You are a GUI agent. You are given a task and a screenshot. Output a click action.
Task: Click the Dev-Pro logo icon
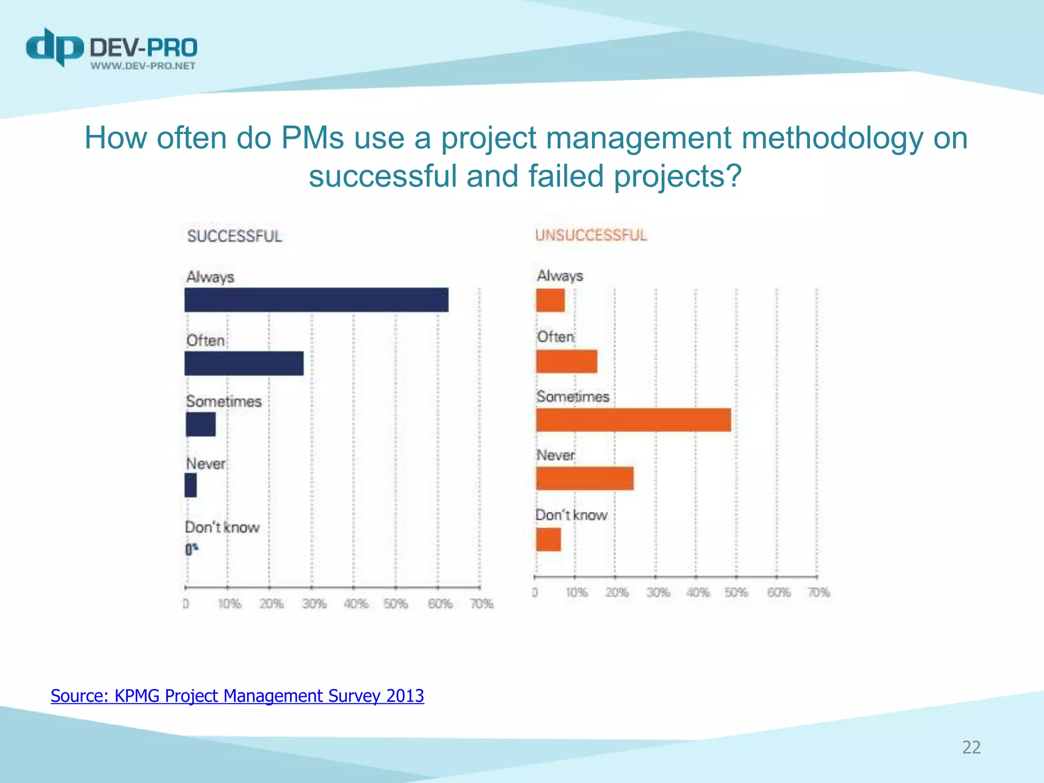tap(55, 47)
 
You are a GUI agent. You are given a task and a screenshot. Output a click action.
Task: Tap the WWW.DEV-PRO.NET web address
tap(143, 66)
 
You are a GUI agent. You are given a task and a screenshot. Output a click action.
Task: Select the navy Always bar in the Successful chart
tap(316, 300)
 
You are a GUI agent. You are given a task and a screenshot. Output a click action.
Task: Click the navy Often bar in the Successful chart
tap(244, 363)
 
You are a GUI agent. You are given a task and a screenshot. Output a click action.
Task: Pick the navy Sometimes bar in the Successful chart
tap(200, 424)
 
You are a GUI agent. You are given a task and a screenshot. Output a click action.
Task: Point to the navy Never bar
tap(191, 485)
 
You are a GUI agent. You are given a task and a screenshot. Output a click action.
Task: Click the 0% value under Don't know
tap(191, 549)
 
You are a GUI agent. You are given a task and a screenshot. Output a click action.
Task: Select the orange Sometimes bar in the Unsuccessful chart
tap(633, 420)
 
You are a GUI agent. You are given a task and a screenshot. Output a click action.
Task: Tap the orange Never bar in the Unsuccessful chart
tap(585, 478)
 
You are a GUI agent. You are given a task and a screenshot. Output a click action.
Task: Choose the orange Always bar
tap(550, 300)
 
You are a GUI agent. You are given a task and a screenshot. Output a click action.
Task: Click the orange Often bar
tap(566, 361)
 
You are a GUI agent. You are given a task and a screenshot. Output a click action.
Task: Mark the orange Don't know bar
tap(548, 539)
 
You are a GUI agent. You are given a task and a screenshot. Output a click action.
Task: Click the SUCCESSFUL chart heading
tap(234, 236)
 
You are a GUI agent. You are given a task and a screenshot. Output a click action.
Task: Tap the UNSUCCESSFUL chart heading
tap(591, 235)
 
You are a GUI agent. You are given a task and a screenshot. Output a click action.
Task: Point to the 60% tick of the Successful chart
tap(440, 604)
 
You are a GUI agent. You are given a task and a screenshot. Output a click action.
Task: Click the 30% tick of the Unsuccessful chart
tap(658, 592)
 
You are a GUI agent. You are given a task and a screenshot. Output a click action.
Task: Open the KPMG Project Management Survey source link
tap(237, 696)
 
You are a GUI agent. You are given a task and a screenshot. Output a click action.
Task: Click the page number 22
tap(971, 747)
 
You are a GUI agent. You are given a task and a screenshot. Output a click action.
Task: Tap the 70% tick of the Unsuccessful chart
tap(819, 592)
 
